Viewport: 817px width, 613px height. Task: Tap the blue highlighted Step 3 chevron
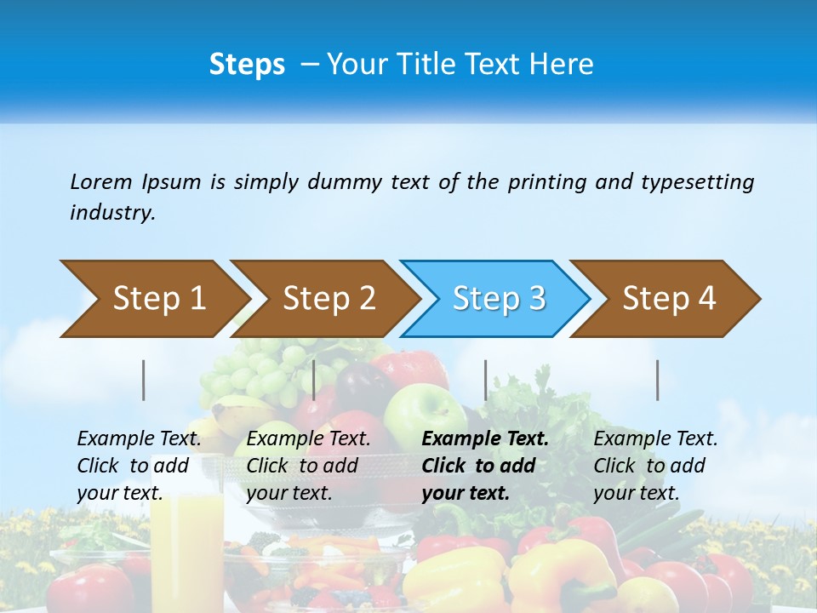point(496,299)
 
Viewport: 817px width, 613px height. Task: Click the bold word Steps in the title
point(247,65)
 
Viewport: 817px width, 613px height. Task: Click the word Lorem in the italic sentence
point(100,182)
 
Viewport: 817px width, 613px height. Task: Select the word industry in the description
point(111,213)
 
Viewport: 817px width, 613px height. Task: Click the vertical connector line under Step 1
point(144,380)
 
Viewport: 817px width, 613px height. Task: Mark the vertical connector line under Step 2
point(314,380)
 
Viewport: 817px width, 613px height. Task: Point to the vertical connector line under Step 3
point(486,380)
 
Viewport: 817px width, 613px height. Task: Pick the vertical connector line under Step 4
point(658,380)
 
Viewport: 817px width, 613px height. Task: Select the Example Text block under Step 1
point(139,466)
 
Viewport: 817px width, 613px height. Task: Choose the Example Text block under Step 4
point(655,466)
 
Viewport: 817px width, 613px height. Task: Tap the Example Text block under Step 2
point(308,466)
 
